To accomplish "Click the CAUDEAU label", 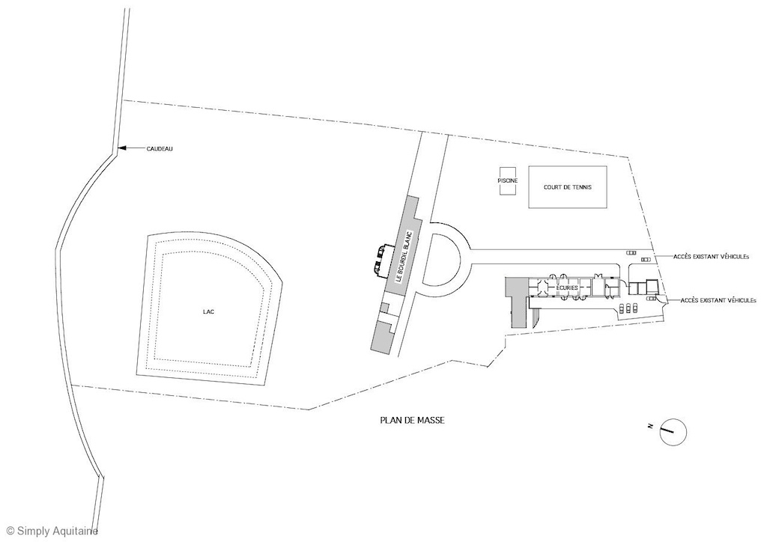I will coord(160,149).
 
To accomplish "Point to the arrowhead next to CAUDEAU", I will coord(121,149).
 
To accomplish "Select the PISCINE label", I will coord(508,180).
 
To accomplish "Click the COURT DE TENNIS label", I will coord(568,187).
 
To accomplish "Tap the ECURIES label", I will coord(566,287).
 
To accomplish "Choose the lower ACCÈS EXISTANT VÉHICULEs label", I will coord(718,300).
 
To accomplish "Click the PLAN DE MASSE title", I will coord(412,421).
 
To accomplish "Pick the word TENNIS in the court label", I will coord(580,187).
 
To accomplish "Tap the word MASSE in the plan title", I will coord(431,421).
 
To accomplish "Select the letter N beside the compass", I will coord(650,426).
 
